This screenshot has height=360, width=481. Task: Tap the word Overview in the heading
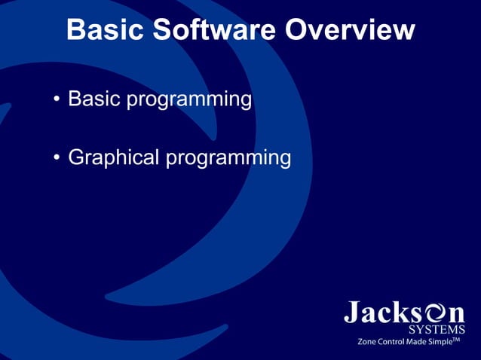(351, 31)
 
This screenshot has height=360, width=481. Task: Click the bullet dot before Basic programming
(57, 100)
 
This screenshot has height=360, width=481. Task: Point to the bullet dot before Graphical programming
(57, 159)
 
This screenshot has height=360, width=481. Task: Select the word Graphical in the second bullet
(114, 158)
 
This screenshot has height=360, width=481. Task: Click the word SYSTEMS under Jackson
(437, 329)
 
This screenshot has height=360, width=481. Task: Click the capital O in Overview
(299, 31)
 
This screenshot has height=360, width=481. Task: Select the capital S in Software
(164, 31)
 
